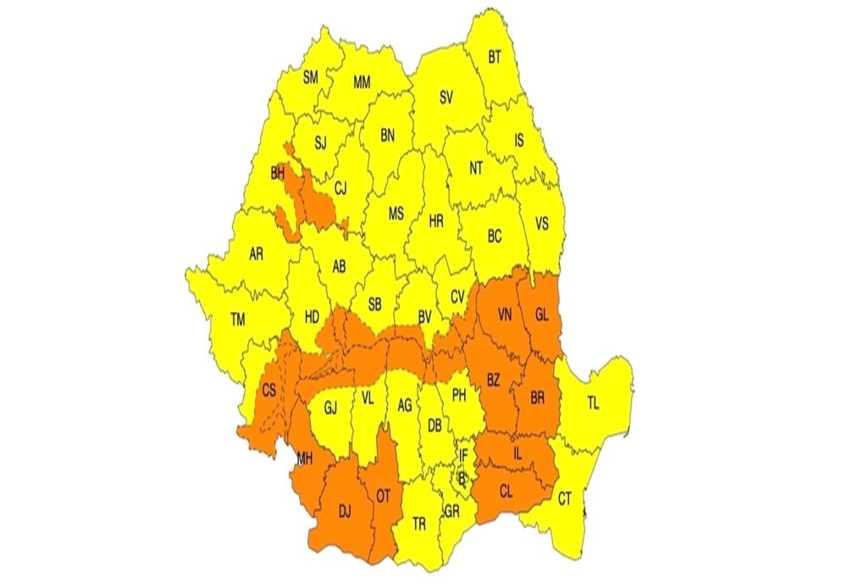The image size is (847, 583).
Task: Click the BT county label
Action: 495,58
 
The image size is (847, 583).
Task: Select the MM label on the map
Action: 362,82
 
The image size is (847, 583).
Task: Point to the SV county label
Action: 446,97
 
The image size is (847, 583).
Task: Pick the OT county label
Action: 383,497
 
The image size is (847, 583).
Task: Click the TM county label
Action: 238,319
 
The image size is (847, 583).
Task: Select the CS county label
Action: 269,391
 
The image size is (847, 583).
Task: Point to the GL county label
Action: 542,315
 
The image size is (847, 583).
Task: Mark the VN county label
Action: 504,316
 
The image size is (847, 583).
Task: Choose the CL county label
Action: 506,489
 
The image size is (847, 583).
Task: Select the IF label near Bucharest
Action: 462,455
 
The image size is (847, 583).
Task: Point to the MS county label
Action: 396,214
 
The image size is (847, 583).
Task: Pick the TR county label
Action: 418,524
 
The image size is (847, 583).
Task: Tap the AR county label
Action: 255,254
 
